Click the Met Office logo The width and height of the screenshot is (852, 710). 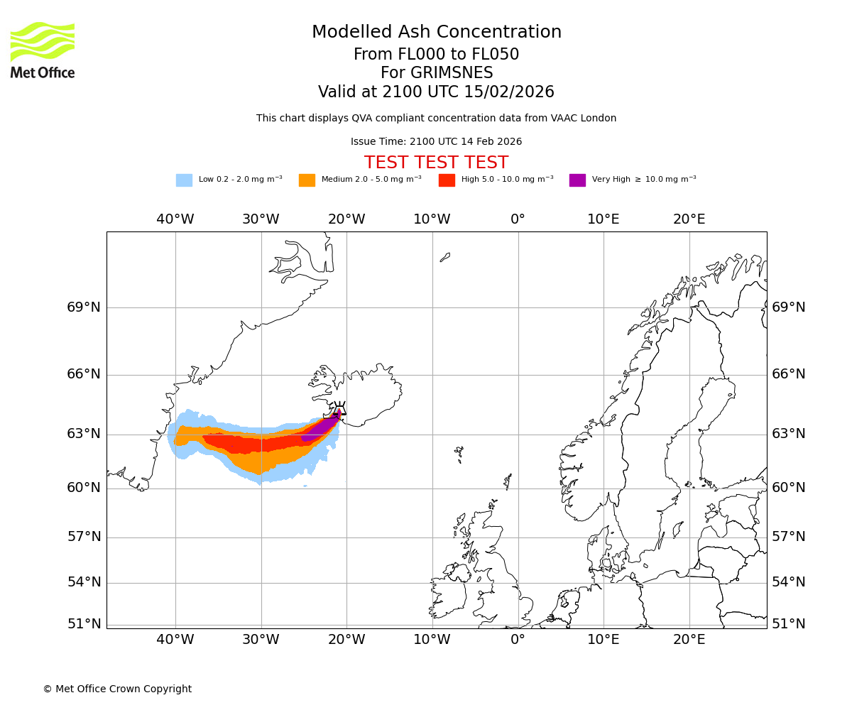click(43, 50)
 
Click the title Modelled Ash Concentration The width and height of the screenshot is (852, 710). click(436, 33)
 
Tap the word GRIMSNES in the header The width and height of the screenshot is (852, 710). click(436, 73)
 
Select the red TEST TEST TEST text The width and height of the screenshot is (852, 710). click(436, 163)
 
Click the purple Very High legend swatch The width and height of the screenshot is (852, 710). click(577, 180)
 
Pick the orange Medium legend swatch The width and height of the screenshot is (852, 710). click(307, 180)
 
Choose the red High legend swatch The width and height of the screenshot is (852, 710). click(447, 180)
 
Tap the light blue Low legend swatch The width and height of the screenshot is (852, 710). click(184, 180)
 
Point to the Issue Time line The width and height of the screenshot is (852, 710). click(436, 142)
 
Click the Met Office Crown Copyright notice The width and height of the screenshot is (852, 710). click(117, 689)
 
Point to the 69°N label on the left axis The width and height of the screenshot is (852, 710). click(84, 307)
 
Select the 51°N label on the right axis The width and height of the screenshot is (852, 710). click(788, 624)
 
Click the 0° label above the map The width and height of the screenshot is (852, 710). click(518, 219)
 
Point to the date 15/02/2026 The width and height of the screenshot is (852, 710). click(509, 92)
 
